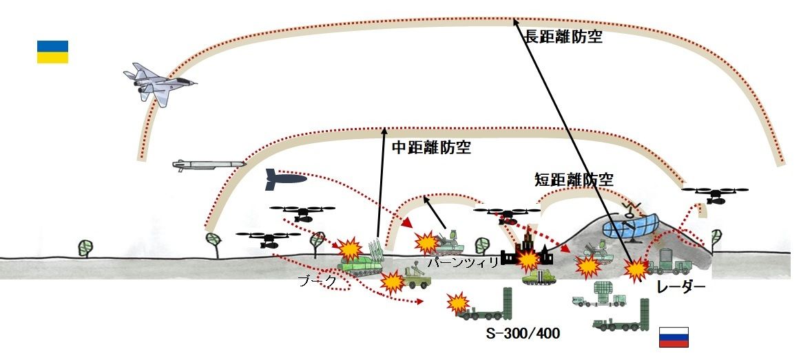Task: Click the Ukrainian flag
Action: point(52,52)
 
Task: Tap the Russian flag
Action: point(674,337)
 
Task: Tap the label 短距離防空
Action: point(573,180)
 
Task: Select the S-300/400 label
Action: point(522,334)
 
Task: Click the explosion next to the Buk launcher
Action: point(350,247)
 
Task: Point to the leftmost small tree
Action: point(85,246)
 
